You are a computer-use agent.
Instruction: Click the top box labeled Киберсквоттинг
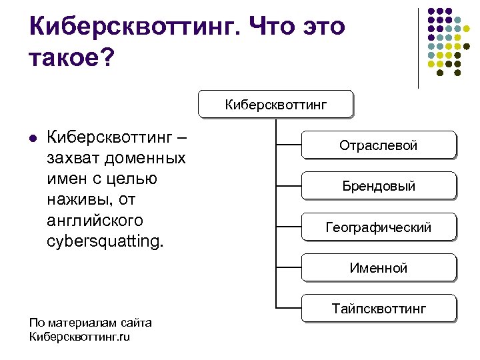pos(275,104)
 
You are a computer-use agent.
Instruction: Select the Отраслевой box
pos(379,145)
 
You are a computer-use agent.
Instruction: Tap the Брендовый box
pos(379,186)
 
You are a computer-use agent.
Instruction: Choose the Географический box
pos(379,227)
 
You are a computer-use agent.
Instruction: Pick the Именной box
pos(379,269)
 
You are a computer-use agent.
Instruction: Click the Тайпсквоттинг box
pos(379,309)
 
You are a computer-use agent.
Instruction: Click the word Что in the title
pos(273,27)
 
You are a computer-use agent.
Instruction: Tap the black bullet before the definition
pos(32,140)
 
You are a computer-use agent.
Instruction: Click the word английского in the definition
pos(95,219)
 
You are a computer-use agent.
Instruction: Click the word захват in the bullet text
pos(70,159)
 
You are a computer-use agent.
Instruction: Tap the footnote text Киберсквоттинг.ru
pos(80,337)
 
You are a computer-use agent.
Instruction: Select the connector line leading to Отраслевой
pos(288,143)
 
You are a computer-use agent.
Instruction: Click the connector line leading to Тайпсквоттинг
pos(288,309)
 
